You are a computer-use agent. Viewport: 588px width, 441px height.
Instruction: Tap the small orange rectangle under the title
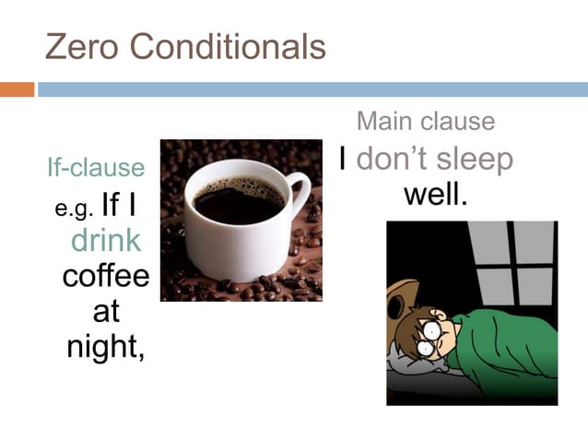[17, 89]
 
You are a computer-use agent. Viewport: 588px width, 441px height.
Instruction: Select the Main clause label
[426, 121]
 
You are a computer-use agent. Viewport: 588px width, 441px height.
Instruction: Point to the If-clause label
[96, 167]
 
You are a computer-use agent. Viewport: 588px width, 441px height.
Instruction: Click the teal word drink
[106, 240]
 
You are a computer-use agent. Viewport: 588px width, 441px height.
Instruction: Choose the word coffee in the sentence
[105, 276]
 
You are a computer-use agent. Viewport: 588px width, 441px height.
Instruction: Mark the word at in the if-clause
[106, 311]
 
